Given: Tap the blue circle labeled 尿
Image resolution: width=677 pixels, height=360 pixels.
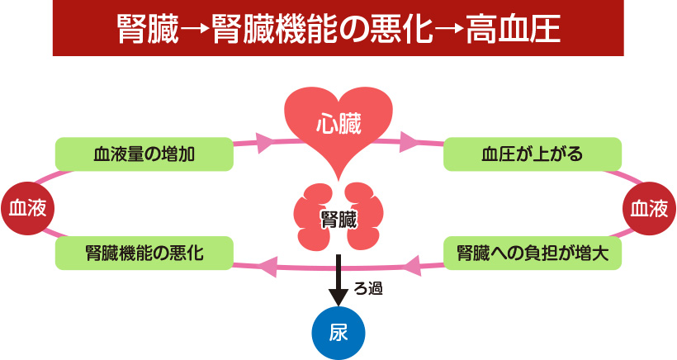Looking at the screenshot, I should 338,332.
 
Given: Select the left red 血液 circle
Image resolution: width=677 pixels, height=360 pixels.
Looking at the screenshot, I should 26,209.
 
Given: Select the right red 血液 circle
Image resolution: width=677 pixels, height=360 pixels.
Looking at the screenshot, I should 648,209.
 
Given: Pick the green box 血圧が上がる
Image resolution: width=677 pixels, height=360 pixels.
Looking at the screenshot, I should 532,154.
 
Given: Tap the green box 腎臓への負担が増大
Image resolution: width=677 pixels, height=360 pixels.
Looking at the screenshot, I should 532,253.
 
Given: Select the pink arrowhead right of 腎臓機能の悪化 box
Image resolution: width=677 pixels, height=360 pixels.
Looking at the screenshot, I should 268,266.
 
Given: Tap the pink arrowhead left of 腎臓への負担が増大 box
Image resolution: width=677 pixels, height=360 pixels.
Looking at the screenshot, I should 412,265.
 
